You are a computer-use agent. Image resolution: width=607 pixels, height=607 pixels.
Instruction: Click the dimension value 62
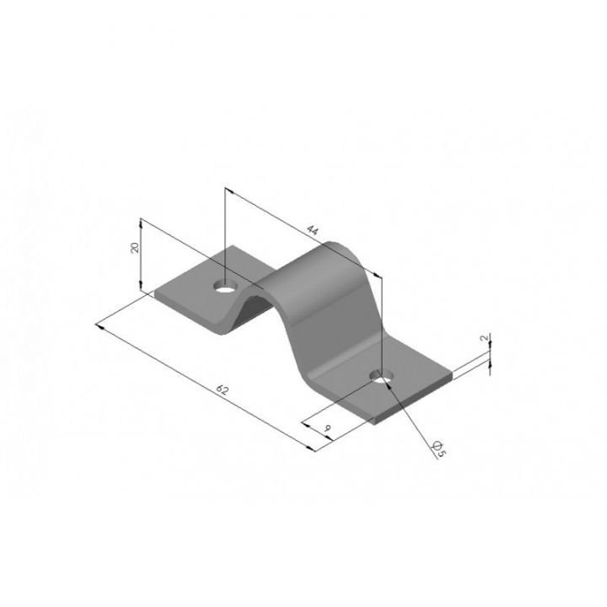[223, 389]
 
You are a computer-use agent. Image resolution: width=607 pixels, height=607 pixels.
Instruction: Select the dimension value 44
[313, 229]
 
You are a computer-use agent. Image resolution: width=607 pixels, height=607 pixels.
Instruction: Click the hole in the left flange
[223, 286]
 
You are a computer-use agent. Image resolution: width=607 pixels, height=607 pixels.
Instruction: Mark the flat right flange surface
[413, 384]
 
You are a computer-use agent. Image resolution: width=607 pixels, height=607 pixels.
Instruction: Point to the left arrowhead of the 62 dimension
[100, 325]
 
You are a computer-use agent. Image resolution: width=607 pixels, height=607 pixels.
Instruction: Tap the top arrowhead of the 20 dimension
[141, 222]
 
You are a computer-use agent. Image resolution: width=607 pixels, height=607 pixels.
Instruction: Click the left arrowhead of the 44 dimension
[228, 192]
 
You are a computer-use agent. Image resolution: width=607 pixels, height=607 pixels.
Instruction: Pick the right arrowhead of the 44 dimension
[380, 277]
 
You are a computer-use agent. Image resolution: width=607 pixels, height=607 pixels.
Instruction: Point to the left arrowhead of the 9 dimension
[303, 419]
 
